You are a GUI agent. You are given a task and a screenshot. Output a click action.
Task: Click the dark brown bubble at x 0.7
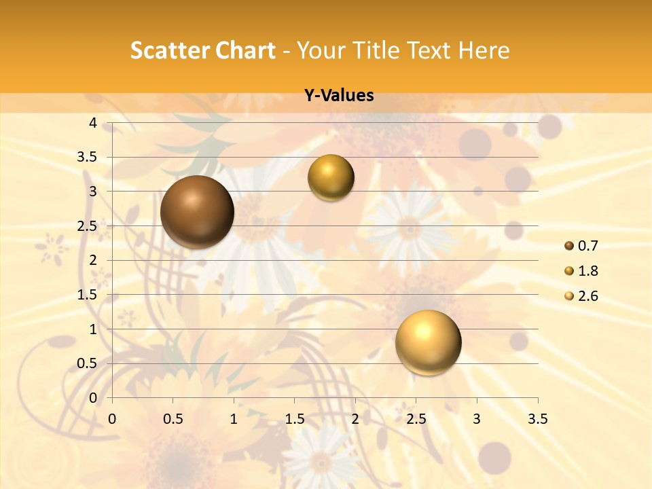coord(197,212)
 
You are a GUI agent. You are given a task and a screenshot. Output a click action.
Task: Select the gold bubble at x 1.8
coord(331,177)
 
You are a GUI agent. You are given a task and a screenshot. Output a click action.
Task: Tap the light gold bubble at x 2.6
coord(428,342)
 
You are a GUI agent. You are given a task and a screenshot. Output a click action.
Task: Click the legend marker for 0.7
coord(569,246)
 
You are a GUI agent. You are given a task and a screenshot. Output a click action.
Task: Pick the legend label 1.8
coord(587,271)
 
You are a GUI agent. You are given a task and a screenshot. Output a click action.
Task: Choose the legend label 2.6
coord(587,296)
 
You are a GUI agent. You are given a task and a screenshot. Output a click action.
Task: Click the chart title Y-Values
coord(339,96)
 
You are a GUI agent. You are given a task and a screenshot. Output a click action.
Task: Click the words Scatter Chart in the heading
coord(203,50)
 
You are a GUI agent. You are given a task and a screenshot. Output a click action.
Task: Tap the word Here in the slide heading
coord(484,50)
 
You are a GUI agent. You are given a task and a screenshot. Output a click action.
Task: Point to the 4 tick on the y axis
coord(93,123)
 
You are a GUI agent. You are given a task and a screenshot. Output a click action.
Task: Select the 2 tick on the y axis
coord(93,260)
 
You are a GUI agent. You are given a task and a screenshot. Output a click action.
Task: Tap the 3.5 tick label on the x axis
coord(537,419)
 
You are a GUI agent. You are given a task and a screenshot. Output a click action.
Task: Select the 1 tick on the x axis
coord(234,419)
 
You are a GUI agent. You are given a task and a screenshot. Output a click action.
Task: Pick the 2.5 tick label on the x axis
coord(416,419)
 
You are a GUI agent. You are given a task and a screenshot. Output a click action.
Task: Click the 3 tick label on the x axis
coord(477,419)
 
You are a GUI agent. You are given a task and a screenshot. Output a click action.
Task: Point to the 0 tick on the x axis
coord(112,419)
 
